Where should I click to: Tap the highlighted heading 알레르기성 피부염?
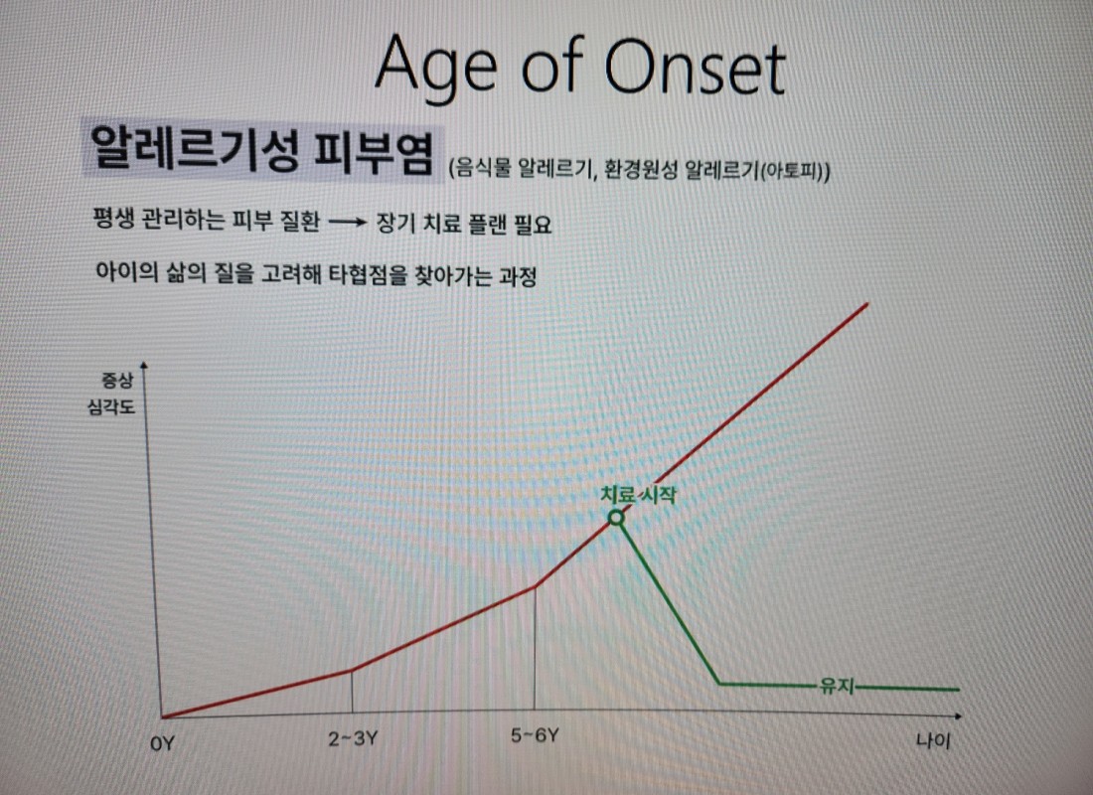[262, 150]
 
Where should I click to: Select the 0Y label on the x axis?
[162, 744]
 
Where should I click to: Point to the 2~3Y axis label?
[352, 738]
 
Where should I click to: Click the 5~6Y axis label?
[535, 735]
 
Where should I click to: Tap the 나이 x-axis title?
[933, 740]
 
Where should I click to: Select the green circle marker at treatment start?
[616, 518]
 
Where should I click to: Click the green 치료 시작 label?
[638, 495]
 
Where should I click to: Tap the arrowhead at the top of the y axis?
[144, 366]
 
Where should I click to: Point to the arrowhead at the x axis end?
[958, 716]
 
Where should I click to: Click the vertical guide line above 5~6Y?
[535, 648]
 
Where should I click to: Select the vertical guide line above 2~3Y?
[352, 691]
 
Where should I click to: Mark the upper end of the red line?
[867, 303]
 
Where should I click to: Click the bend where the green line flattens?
[719, 684]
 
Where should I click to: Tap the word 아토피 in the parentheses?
[791, 171]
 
